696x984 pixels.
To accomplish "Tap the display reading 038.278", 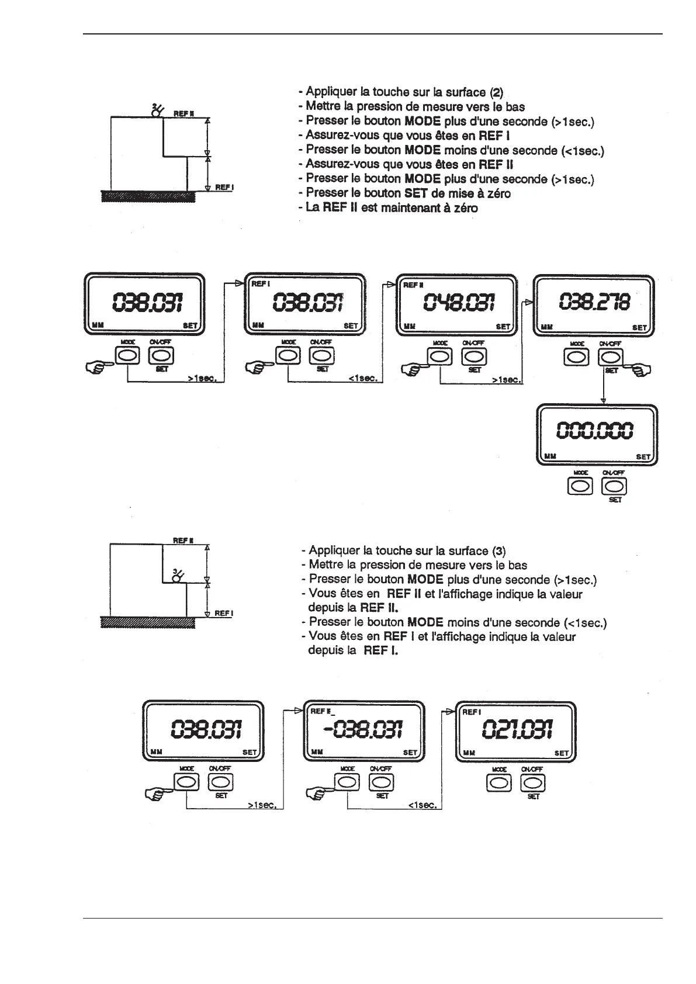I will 594,303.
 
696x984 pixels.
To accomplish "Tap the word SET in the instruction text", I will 416,193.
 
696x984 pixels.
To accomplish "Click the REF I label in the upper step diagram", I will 224,188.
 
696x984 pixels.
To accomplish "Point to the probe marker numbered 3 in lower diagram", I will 176,576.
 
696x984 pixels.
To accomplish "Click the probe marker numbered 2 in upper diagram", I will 157,110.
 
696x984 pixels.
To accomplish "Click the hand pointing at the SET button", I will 641,369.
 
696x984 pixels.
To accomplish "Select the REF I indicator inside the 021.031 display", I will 472,712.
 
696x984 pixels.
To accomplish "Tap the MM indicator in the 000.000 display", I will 550,456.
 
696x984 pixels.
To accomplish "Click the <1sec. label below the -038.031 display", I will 422,805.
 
